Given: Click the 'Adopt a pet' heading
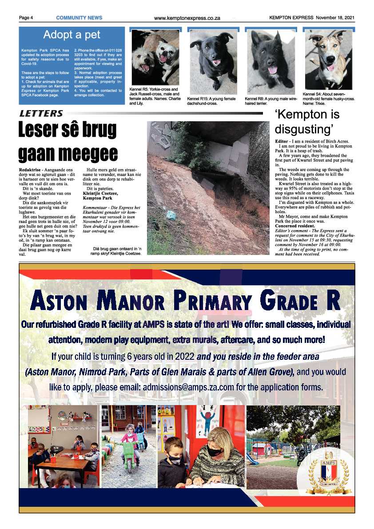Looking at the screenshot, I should (x=72, y=35).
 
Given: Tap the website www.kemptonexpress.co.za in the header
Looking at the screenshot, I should (x=187, y=18).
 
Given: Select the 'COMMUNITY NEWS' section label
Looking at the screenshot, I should (x=79, y=18).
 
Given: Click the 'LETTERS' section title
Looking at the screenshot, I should (x=41, y=114).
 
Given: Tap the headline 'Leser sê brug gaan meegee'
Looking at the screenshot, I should (x=68, y=141).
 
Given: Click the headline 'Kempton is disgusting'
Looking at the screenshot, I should (x=307, y=122).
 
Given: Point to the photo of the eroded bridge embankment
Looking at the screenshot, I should (x=208, y=188).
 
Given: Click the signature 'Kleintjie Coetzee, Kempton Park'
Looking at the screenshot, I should (x=100, y=196).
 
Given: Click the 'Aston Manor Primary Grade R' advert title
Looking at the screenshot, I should (x=186, y=301).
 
